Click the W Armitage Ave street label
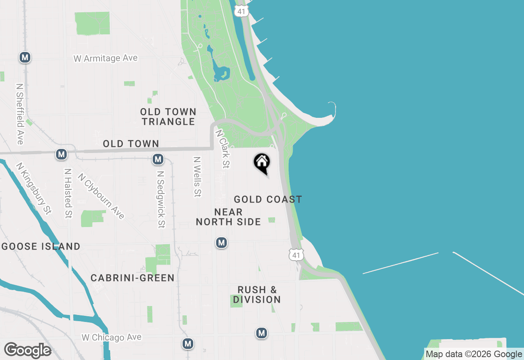(106, 59)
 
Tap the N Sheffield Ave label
(19, 114)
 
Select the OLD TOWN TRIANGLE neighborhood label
(168, 117)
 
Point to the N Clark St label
(222, 149)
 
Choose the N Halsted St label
(68, 193)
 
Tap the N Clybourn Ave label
(101, 196)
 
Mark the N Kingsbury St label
(34, 189)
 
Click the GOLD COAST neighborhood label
(268, 199)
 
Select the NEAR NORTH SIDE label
(228, 217)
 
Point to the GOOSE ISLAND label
(41, 246)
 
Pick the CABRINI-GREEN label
(133, 278)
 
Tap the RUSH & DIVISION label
(257, 295)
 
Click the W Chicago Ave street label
(111, 337)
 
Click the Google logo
(27, 350)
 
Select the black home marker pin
(262, 163)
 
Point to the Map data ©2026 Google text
(474, 354)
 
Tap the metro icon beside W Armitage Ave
(25, 58)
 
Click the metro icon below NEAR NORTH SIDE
(221, 243)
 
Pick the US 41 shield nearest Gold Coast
(296, 255)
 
